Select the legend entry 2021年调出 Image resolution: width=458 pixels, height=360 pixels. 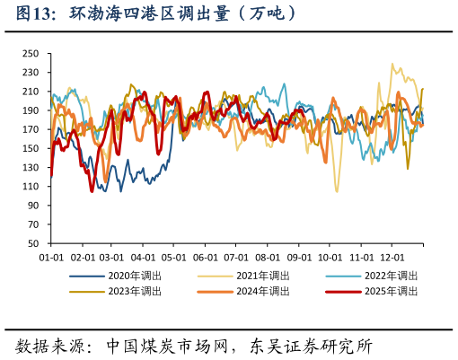[x=260, y=276]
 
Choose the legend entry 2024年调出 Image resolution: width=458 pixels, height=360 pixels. [x=260, y=291]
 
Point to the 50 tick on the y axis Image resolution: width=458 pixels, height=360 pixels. [x=32, y=243]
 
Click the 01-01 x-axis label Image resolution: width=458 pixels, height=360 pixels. [x=50, y=256]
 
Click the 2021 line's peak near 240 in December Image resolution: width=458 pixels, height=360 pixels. [x=392, y=65]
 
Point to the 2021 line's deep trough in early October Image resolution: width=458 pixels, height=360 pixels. [x=338, y=191]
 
